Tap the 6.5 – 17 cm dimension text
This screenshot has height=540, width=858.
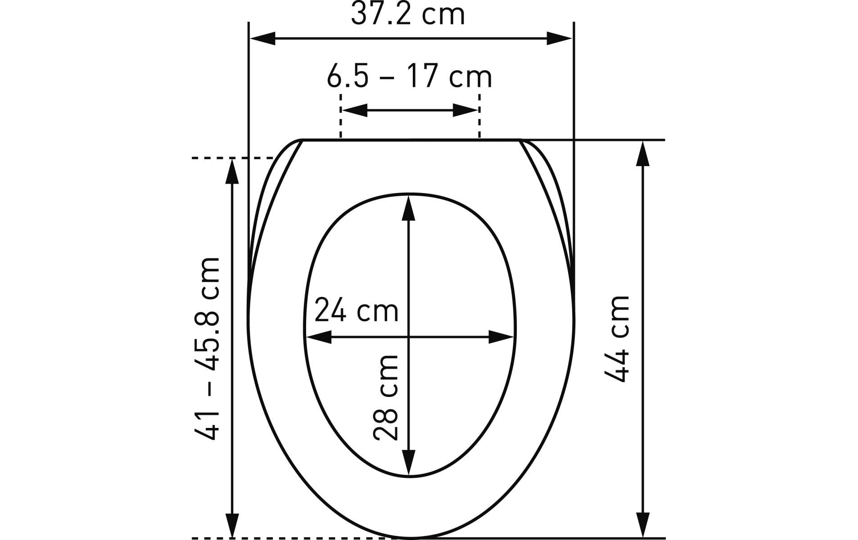click(409, 77)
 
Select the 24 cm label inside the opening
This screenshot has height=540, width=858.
click(357, 310)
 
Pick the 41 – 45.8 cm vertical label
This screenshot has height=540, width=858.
click(208, 349)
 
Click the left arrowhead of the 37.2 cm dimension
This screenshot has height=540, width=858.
click(262, 39)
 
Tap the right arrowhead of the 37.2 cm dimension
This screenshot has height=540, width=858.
click(560, 39)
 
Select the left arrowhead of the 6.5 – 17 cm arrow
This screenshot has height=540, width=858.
click(355, 110)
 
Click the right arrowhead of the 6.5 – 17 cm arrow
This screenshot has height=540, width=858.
click(465, 110)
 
